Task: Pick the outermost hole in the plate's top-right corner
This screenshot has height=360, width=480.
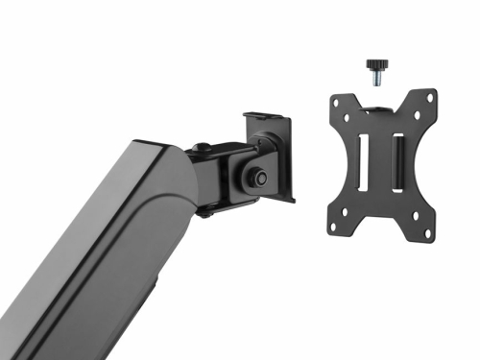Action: pyautogui.click(x=430, y=97)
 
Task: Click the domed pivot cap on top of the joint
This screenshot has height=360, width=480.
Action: pyautogui.click(x=203, y=150)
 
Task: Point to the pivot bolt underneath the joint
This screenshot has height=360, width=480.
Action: pyautogui.click(x=204, y=212)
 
